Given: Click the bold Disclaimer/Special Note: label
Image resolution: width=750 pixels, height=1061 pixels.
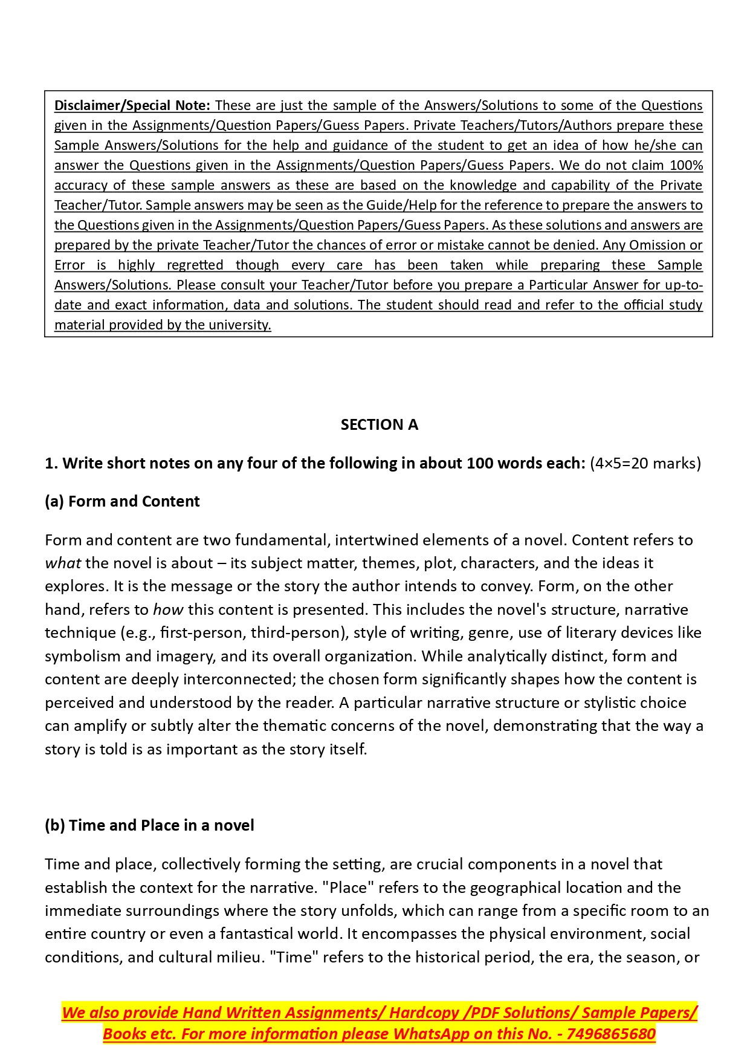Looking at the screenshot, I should (132, 105).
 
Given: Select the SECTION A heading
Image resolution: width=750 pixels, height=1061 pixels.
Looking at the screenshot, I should (379, 424).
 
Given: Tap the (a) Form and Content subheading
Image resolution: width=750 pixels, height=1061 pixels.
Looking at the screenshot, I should (122, 501).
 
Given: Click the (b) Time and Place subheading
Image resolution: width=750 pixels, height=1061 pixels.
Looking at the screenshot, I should (149, 825).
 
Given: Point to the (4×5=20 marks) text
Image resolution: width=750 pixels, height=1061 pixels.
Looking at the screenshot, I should (645, 463).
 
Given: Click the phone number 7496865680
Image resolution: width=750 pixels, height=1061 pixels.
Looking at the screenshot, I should (611, 1034).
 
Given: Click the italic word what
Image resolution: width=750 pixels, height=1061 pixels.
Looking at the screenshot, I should (63, 563).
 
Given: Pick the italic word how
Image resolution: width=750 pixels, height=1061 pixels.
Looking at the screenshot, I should (168, 609).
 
